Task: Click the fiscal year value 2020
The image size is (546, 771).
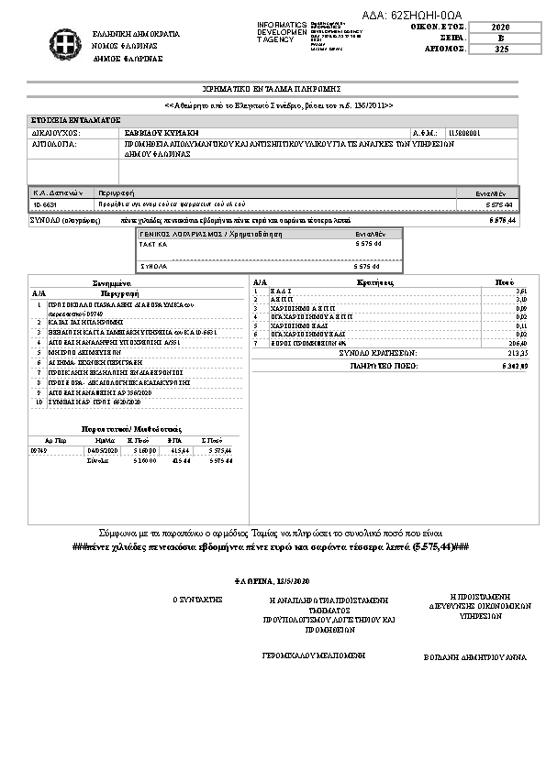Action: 500,28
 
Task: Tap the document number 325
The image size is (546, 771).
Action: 500,50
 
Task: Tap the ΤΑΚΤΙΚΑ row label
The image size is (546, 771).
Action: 153,246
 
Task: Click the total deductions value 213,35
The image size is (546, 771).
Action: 517,352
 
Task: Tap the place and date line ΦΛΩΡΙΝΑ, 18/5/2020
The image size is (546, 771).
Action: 273,581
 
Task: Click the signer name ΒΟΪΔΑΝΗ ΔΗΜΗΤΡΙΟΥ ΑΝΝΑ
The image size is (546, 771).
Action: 475,657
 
